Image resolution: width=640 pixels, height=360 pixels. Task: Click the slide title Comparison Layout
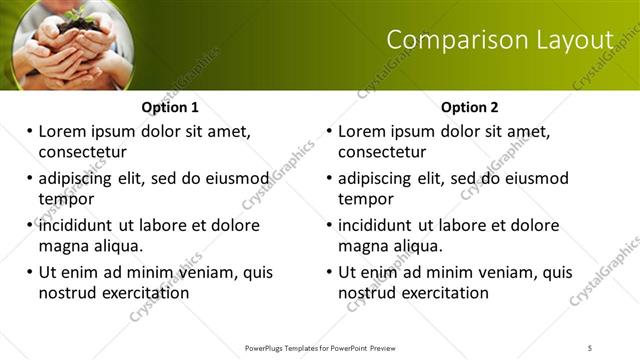499,40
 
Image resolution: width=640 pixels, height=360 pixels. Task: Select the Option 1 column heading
170,107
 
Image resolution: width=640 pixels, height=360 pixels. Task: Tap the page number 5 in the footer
590,348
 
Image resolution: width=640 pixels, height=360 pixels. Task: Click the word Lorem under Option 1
62,131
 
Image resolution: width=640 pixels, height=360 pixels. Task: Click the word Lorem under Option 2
362,131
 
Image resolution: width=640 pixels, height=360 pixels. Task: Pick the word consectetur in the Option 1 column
83,152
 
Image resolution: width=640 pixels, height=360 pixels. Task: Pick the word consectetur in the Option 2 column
383,152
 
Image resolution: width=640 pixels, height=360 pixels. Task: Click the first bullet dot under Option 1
30,131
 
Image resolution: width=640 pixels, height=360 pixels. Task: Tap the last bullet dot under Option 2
330,272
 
